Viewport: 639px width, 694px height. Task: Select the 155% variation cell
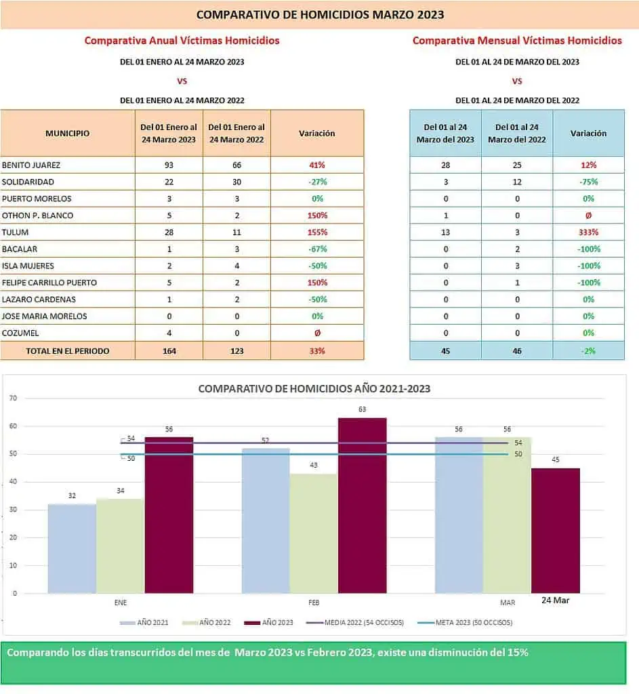(317, 232)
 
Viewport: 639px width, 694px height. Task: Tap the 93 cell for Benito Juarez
(169, 165)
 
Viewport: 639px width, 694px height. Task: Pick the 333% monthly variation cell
(588, 232)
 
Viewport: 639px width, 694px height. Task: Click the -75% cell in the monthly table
(588, 182)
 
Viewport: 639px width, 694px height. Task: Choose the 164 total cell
(169, 351)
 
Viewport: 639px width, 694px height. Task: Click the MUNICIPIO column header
(67, 134)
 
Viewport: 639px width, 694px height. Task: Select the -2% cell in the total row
(588, 351)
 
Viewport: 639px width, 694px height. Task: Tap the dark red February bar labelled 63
(362, 505)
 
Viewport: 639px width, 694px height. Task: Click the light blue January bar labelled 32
(72, 548)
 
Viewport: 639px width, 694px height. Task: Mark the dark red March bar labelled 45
(556, 530)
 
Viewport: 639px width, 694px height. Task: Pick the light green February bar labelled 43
(313, 533)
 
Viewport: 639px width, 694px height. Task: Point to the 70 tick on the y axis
(13, 398)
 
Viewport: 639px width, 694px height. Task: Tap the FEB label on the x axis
(314, 603)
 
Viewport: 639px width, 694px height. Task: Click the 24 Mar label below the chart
(556, 600)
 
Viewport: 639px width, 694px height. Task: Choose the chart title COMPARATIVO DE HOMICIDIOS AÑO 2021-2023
(314, 389)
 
